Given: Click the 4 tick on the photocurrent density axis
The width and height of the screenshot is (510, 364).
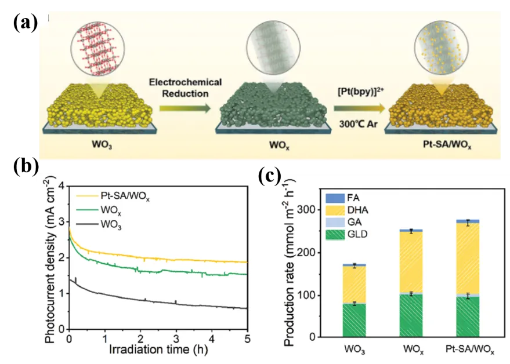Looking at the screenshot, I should coord(63,185).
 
